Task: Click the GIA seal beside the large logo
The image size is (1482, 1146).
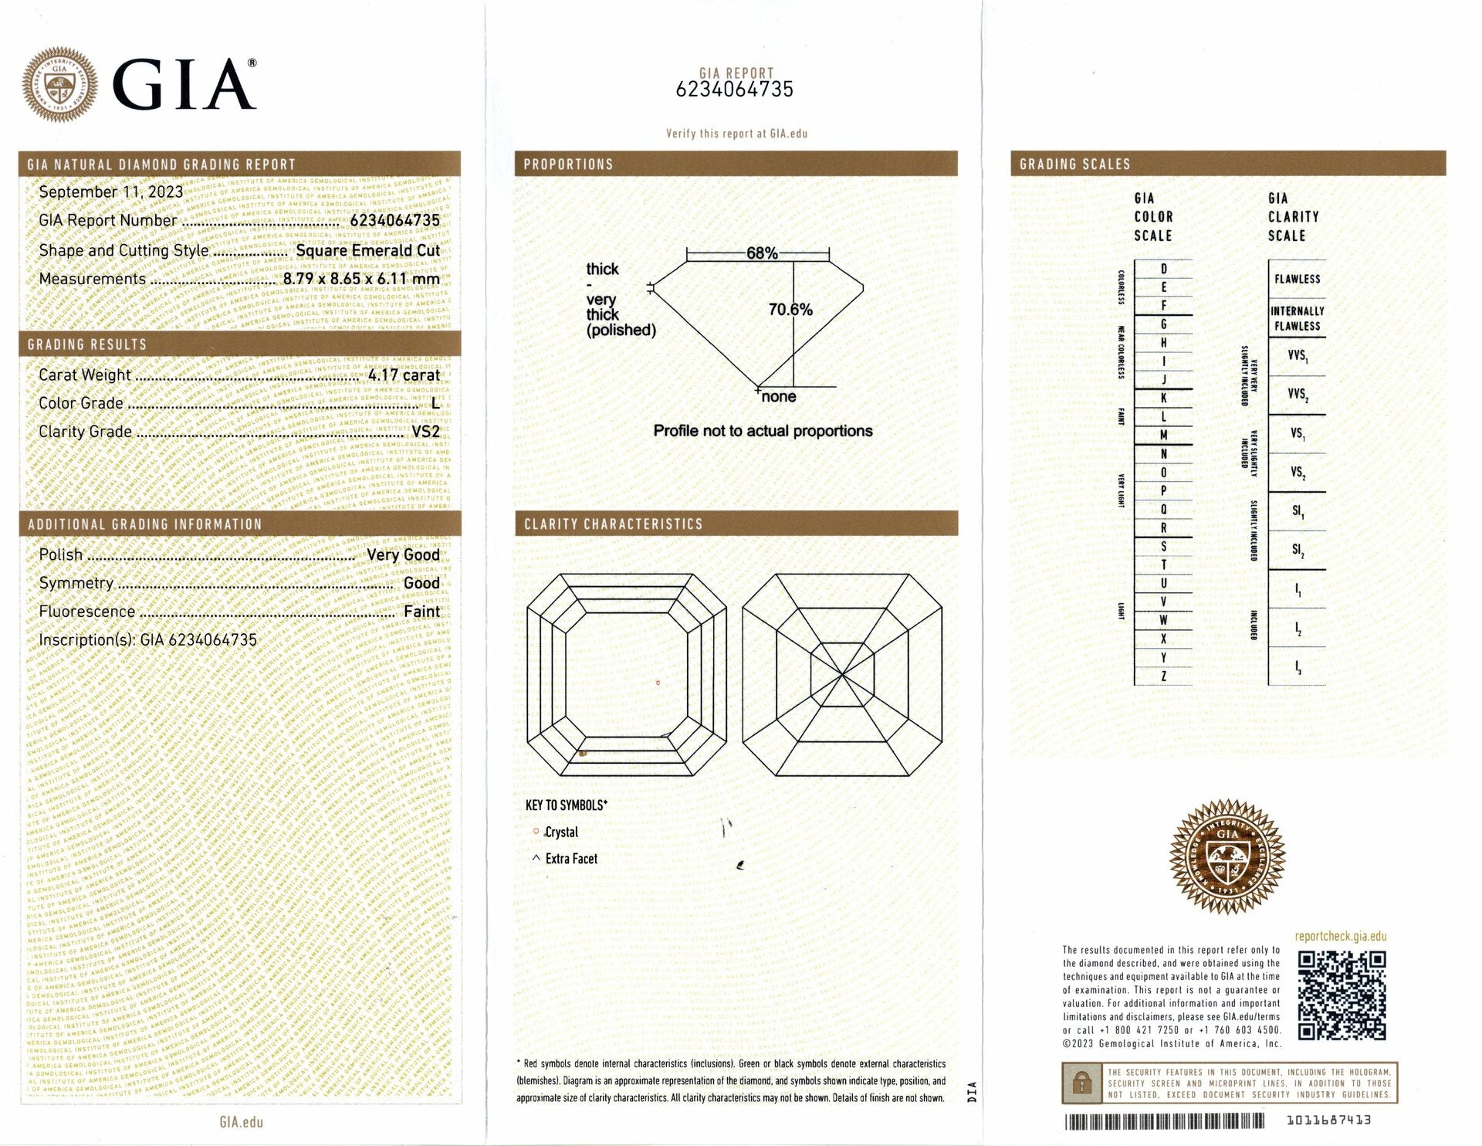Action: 59,84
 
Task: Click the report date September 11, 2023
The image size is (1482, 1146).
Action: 111,192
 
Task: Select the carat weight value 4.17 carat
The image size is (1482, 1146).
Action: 404,375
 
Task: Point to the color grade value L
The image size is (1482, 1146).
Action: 435,403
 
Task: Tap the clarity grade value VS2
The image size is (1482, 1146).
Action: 425,432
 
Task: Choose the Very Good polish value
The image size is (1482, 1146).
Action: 403,555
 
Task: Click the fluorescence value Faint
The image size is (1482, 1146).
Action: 421,612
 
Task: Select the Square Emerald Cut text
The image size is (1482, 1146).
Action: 367,251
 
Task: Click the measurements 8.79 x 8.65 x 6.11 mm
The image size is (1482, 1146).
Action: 361,280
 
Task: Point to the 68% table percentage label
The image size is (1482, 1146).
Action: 762,253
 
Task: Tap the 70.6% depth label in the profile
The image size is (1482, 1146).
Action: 790,310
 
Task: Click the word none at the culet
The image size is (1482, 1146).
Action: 778,397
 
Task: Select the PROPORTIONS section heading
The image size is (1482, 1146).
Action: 568,164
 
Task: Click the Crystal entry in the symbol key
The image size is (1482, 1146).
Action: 561,832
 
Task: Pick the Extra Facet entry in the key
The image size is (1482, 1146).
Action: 571,859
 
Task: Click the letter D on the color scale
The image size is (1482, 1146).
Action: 1164,270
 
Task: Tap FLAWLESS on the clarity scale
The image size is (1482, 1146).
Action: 1297,279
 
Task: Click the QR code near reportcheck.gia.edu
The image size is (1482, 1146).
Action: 1342,995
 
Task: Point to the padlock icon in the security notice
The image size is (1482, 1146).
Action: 1081,1084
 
